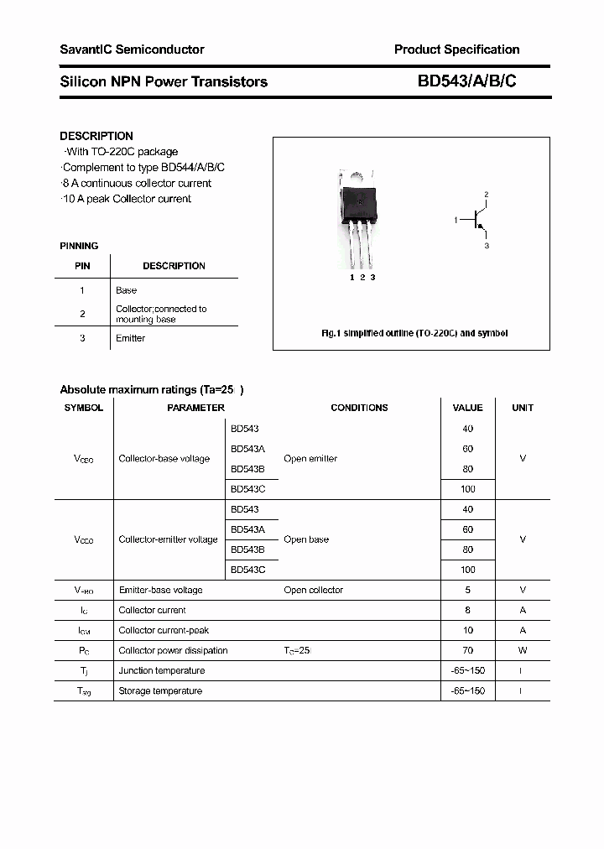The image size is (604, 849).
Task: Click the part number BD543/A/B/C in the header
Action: point(472,81)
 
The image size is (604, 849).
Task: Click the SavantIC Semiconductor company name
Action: point(132,49)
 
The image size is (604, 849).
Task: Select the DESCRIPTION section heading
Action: point(96,136)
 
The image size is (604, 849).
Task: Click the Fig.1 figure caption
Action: point(414,333)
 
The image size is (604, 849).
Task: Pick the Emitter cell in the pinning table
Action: point(131,338)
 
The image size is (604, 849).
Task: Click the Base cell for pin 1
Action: point(127,290)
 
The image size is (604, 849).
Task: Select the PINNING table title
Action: point(79,246)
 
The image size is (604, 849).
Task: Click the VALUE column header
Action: point(467,408)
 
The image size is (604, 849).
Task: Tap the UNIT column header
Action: point(523,408)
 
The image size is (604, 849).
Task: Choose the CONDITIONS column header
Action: point(359,408)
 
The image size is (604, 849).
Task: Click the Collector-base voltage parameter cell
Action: point(164,459)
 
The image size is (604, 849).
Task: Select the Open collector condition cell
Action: point(313,590)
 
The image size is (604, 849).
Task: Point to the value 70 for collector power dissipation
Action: point(467,650)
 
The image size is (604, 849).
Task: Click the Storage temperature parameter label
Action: point(160,690)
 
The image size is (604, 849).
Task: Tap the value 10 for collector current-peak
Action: point(467,630)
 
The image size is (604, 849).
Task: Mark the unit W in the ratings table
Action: point(523,650)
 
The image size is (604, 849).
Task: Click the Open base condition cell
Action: point(306,539)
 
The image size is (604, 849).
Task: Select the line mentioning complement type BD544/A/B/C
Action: point(143,167)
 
